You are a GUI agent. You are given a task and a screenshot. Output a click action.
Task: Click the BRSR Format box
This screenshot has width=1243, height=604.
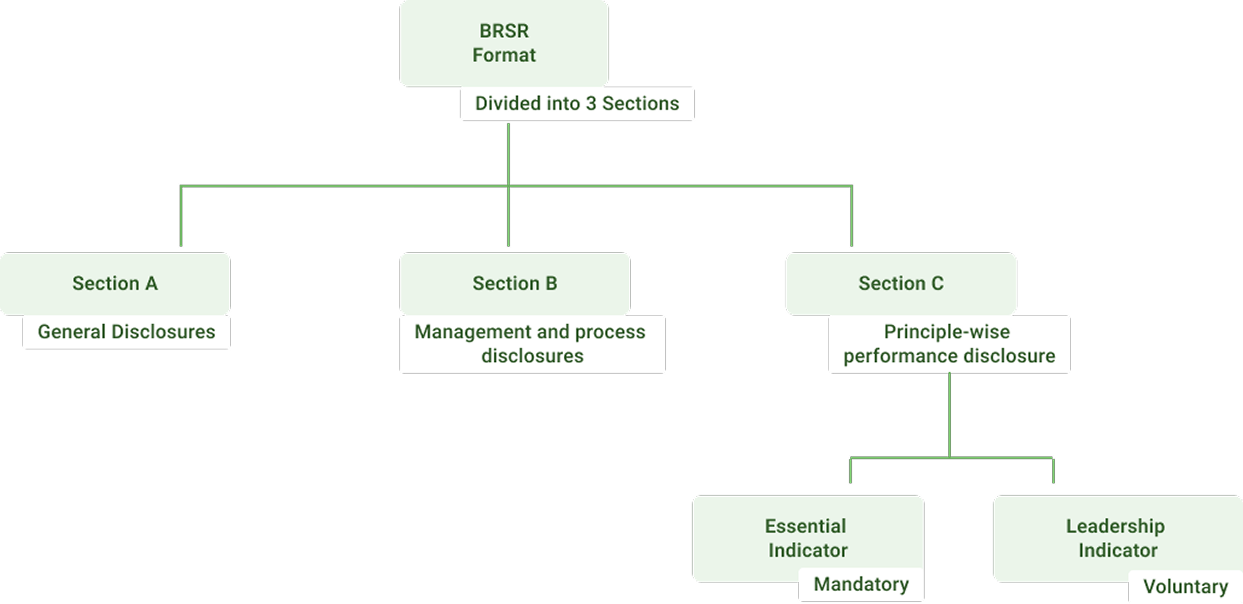coord(504,43)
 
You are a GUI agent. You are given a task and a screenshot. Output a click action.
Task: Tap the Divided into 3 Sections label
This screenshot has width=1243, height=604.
coord(577,104)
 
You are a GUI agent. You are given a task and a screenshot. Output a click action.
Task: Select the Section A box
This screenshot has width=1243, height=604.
coord(115,283)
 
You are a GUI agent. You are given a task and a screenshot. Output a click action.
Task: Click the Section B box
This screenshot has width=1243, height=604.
coord(515,283)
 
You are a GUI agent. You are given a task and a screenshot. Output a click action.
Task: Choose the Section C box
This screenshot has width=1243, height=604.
coord(901,283)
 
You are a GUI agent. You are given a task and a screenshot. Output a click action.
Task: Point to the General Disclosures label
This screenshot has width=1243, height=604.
coord(126,332)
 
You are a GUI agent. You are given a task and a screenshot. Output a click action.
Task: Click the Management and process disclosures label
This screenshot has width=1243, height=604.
coord(531,344)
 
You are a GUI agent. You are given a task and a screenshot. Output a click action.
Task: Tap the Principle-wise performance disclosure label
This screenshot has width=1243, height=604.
coord(949,344)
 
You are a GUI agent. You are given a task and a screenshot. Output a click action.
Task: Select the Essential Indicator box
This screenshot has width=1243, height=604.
coord(807,538)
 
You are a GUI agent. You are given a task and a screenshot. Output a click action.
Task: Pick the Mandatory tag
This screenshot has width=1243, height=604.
coord(861,584)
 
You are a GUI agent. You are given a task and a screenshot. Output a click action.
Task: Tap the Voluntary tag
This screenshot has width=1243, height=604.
coord(1185,587)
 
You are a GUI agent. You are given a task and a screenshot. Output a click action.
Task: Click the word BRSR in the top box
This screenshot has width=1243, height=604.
coord(504,31)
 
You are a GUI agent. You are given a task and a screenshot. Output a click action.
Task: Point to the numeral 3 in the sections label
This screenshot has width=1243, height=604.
coord(591,104)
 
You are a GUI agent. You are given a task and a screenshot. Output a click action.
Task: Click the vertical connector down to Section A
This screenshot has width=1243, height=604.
coord(181,216)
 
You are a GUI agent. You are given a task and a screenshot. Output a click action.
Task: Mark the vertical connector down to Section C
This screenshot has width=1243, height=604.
coord(851,216)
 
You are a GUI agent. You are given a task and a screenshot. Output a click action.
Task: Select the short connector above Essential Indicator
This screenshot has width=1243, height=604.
coord(850,470)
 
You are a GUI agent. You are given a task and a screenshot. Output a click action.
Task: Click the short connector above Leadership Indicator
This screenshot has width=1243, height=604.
coord(1053,470)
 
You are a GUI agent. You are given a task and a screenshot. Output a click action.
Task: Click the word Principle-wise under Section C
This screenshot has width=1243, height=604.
coord(947,332)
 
